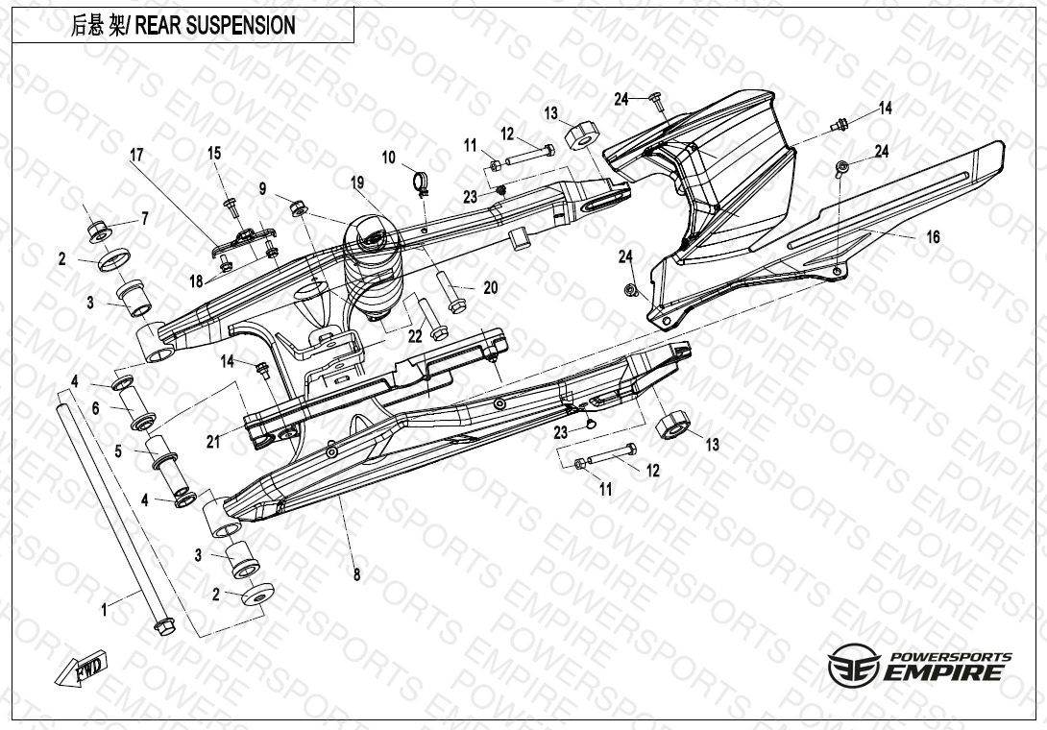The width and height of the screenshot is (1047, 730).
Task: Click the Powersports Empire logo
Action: click(920, 666)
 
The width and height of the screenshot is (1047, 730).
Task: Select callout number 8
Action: click(356, 575)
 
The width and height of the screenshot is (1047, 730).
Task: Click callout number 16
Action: click(933, 237)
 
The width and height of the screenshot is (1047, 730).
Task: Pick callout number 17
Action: click(136, 154)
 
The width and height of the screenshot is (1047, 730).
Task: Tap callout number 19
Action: click(357, 182)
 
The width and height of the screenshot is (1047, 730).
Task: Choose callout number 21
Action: click(213, 441)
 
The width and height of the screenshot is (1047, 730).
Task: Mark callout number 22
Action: click(415, 337)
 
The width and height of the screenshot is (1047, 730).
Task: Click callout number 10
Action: click(389, 158)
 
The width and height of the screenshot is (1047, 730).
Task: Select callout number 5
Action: click(118, 450)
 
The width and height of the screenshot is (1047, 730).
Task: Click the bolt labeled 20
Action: click(449, 285)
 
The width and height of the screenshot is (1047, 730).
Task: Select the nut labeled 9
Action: click(297, 206)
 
